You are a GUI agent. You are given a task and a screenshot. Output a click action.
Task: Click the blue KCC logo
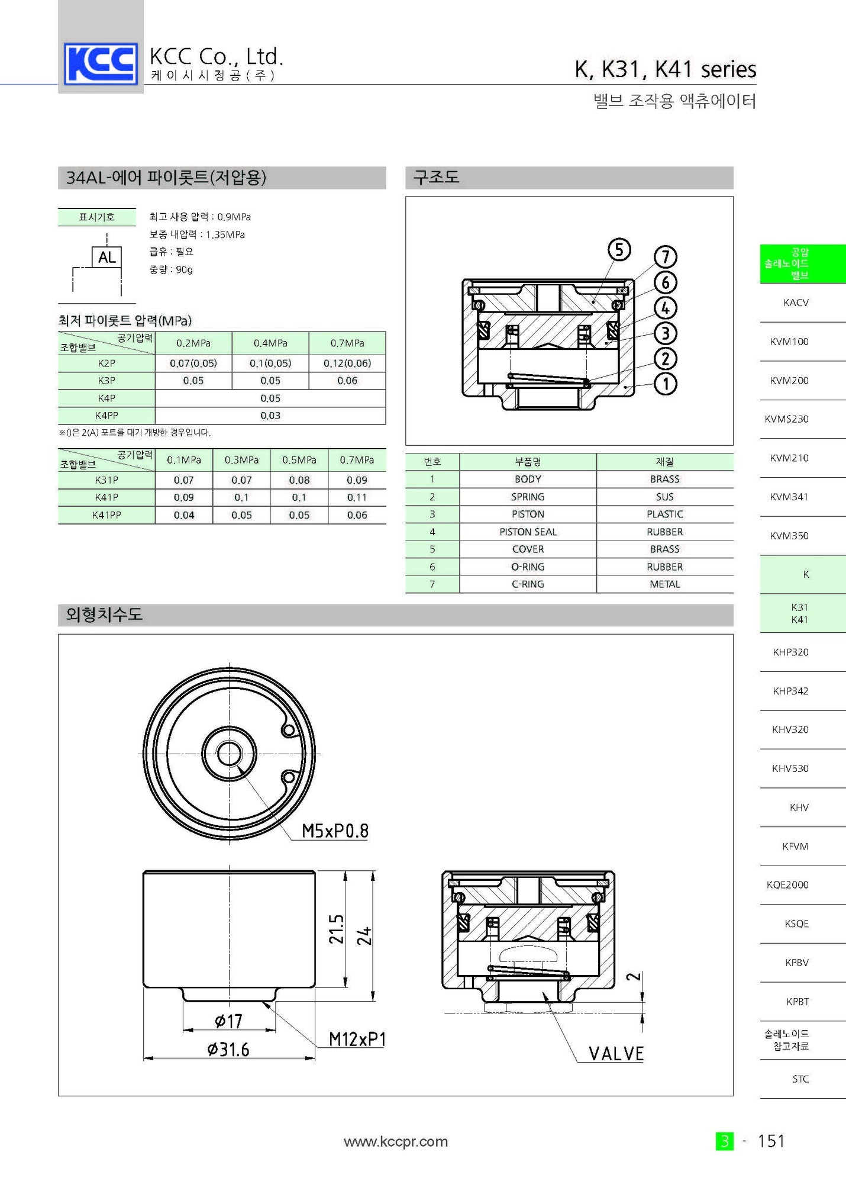tap(101, 63)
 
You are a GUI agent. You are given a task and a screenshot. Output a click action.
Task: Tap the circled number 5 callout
tap(619, 250)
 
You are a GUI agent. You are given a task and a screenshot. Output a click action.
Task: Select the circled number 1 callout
tap(666, 384)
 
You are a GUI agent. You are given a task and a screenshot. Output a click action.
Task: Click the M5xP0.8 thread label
tap(335, 831)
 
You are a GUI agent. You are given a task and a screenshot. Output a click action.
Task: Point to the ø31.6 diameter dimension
tap(228, 1050)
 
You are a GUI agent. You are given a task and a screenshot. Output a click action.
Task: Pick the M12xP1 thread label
tap(357, 1039)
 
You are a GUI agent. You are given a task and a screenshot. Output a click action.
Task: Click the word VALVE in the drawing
tap(616, 1053)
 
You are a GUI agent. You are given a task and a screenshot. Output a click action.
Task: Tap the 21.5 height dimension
tap(336, 929)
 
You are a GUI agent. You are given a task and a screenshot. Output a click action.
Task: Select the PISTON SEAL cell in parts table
tap(528, 532)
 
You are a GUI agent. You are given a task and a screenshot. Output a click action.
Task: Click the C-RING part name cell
tap(528, 584)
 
